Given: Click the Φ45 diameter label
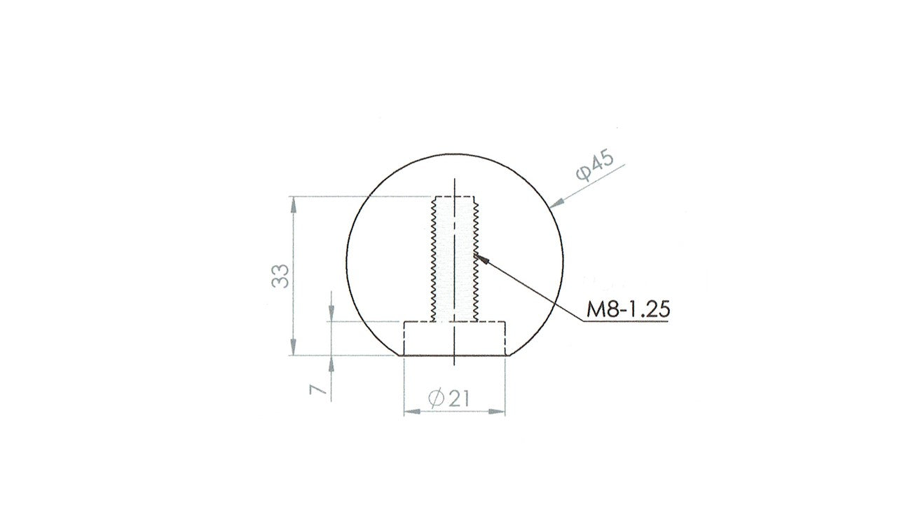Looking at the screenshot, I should point(595,166).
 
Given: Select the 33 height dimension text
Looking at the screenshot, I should point(280,276).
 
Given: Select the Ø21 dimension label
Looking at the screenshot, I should point(448,399).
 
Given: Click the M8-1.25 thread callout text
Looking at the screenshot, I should point(628,309).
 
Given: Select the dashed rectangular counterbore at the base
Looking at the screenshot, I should point(454,338).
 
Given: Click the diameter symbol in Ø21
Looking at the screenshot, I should point(434,399).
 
